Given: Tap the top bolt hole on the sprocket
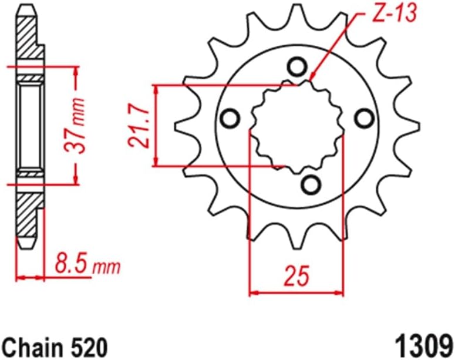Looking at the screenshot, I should [x=298, y=65].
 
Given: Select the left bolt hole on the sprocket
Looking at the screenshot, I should [x=231, y=119].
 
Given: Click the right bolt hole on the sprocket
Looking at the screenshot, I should [x=365, y=119].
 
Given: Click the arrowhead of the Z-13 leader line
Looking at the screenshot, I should [x=312, y=78].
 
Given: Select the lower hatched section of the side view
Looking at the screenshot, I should [x=29, y=214].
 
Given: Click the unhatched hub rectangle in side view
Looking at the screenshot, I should [x=29, y=125].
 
